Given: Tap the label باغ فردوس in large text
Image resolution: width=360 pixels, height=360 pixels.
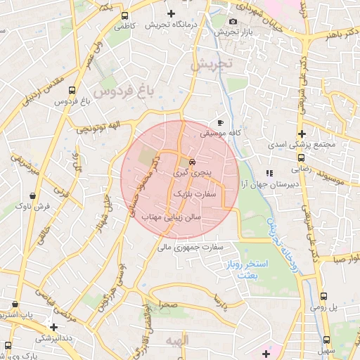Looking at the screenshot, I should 122,91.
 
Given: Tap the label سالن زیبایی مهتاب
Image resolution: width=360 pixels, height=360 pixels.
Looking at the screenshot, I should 172,217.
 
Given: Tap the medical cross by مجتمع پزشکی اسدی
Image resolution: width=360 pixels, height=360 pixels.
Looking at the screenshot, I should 302,134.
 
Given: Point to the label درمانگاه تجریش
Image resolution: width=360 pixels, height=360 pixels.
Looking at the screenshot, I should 169,25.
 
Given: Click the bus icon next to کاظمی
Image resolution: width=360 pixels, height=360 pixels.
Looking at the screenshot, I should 124,15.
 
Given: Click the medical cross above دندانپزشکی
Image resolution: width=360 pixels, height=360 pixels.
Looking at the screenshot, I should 53,326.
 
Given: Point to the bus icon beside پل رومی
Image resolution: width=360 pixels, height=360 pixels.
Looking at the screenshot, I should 323,296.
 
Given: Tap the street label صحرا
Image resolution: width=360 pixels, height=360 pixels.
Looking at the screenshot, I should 168,307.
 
